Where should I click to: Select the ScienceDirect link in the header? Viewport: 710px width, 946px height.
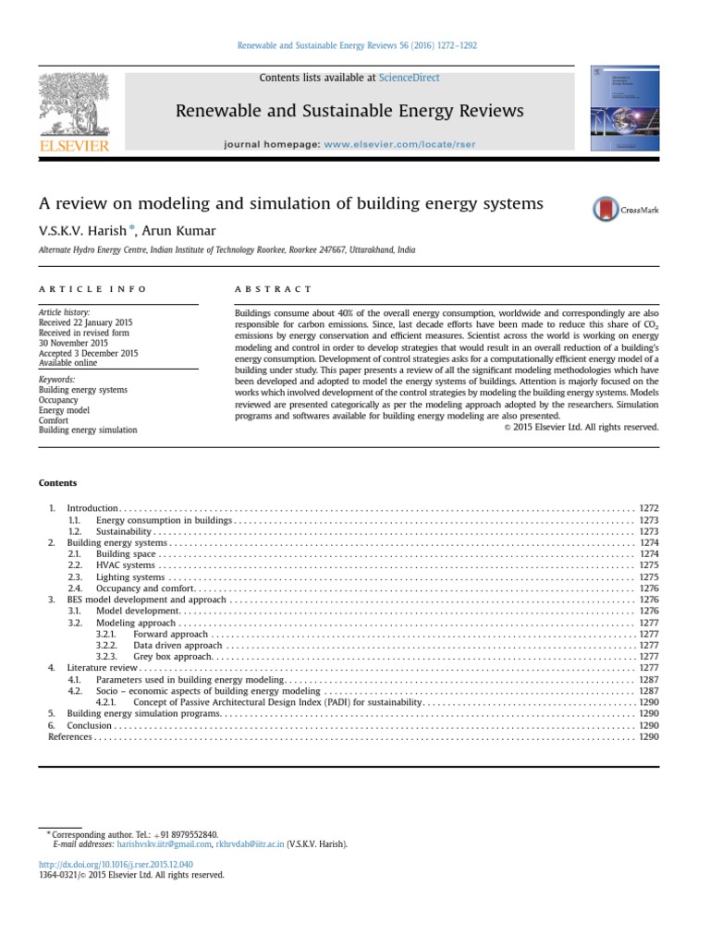[409, 79]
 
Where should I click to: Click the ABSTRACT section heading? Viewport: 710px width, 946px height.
[275, 289]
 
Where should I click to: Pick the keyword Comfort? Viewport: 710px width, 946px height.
[55, 420]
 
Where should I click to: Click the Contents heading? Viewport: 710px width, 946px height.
[57, 483]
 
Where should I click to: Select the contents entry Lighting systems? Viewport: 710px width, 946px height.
[130, 576]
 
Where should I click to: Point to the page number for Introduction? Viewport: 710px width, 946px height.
[649, 508]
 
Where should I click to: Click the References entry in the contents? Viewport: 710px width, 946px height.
[69, 737]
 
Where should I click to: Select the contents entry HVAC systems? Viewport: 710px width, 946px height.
[126, 564]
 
